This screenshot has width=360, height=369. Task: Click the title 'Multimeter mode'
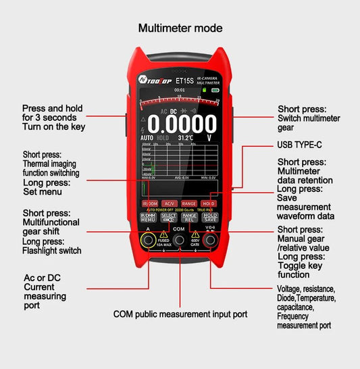(x=180, y=28)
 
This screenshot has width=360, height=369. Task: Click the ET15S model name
(x=176, y=78)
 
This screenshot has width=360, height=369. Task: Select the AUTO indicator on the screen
(x=147, y=138)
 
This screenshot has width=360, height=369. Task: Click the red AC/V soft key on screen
(x=169, y=203)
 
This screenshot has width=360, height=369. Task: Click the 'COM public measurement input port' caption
(x=180, y=314)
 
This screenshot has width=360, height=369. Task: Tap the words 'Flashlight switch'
(x=52, y=251)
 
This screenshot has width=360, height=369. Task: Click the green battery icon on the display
(x=215, y=90)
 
